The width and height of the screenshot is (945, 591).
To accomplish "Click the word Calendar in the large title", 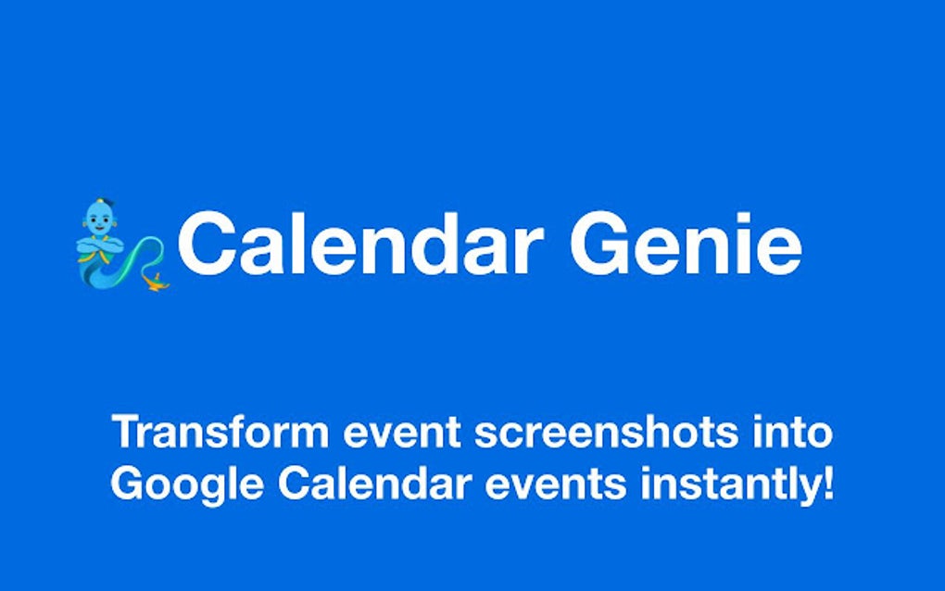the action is click(359, 243).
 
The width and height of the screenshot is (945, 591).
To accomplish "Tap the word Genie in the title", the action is click(686, 243).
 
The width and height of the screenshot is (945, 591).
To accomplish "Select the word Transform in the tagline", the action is click(220, 432).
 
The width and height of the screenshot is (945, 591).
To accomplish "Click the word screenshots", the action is click(606, 432).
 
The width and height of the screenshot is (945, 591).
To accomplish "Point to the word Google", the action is click(187, 484).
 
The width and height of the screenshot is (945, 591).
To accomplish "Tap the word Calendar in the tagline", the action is click(374, 483).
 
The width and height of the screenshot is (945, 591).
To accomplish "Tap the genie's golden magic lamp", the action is click(156, 282).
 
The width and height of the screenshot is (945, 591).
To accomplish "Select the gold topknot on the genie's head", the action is click(101, 201).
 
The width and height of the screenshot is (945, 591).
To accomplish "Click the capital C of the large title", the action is click(206, 243).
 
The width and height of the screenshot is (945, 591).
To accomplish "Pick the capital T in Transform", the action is click(128, 432).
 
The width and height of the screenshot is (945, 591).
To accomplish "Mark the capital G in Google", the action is click(128, 483).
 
